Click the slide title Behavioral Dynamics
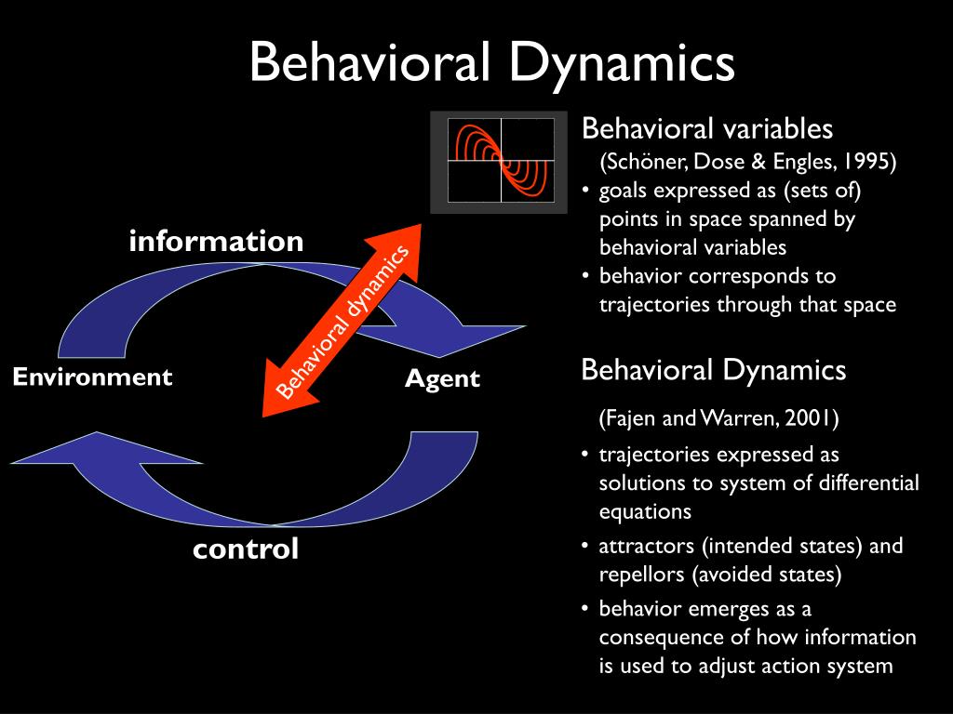click(x=492, y=62)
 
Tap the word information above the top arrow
click(x=216, y=242)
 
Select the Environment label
click(x=92, y=377)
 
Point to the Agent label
click(x=442, y=378)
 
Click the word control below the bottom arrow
click(x=246, y=549)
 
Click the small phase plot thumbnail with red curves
click(x=499, y=162)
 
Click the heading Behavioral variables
click(x=706, y=128)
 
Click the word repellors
click(x=640, y=575)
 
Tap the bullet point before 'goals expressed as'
click(x=585, y=192)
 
